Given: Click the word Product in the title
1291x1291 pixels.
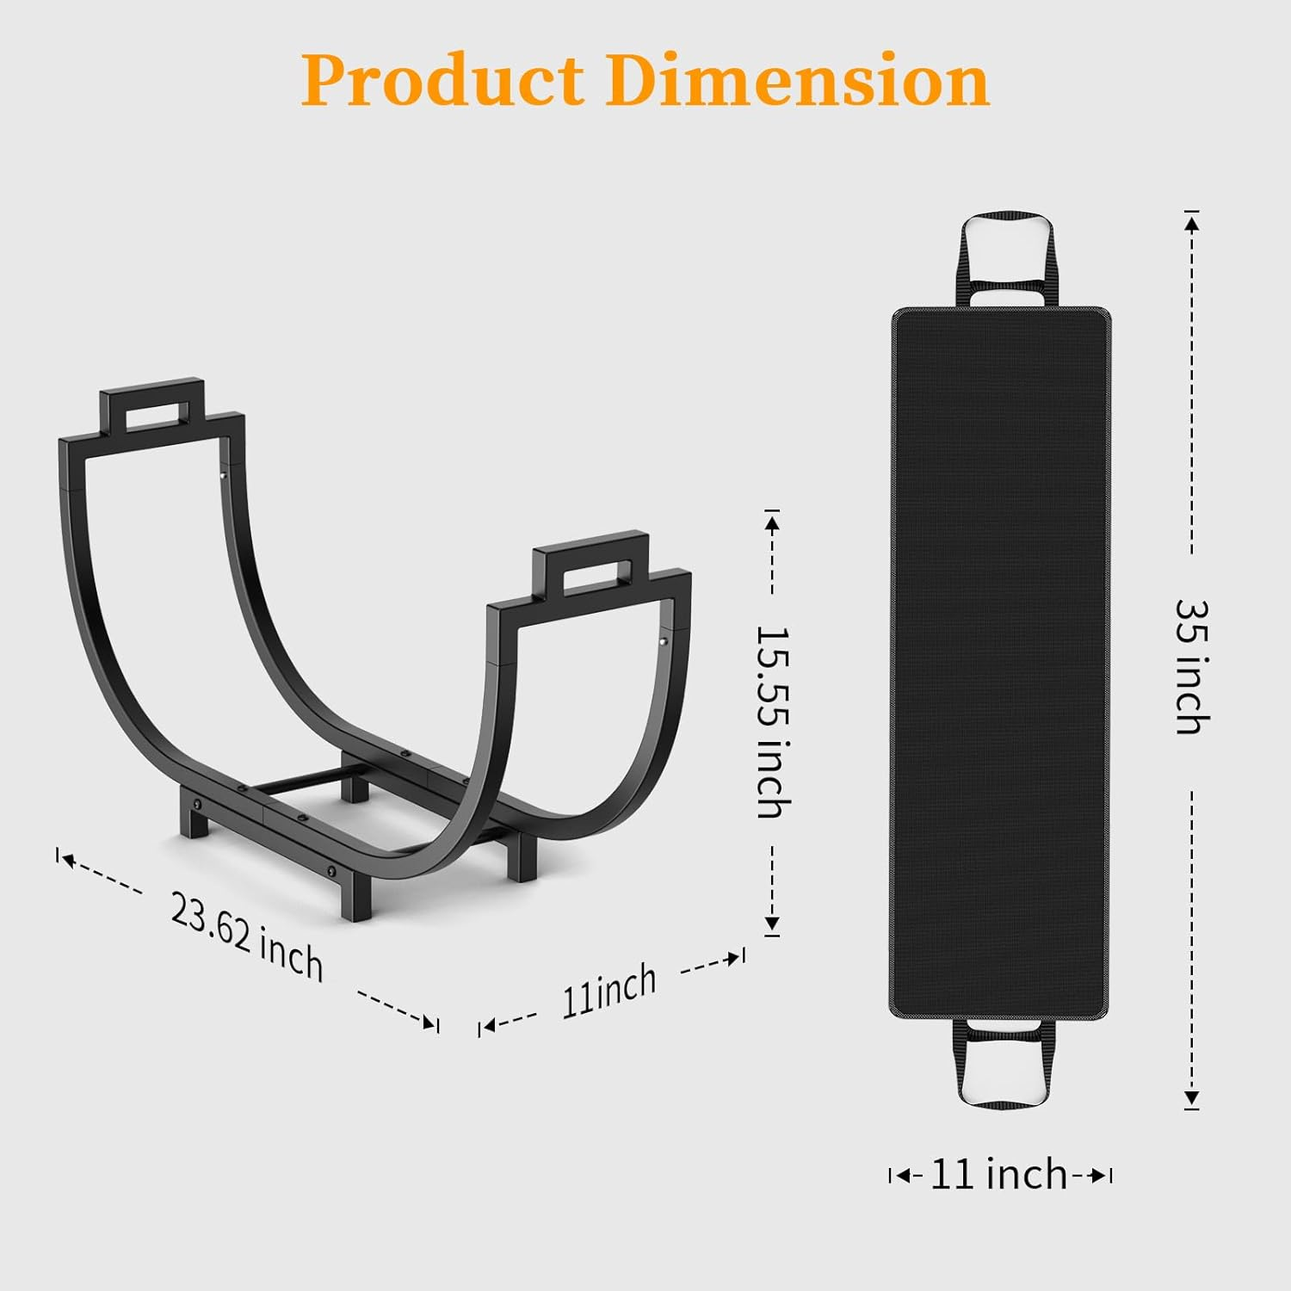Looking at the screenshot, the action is pos(442,80).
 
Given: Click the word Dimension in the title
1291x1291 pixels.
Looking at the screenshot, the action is pos(797,79).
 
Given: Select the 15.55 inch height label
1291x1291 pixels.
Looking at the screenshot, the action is pos(772,721).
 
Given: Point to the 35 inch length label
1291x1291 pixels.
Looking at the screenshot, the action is pos(1193,668).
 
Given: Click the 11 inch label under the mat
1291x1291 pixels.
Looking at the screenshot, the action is pos(999,1174).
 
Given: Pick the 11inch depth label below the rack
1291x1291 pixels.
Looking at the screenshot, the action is pos(609,991).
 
